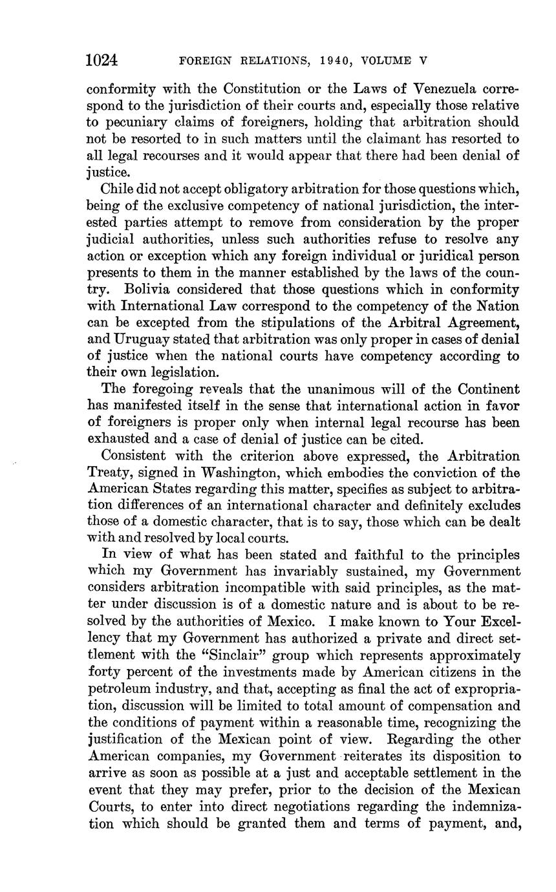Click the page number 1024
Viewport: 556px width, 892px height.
pyautogui.click(x=102, y=61)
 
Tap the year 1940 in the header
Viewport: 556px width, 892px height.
pyautogui.click(x=336, y=61)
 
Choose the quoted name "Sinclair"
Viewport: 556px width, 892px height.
pyautogui.click(x=215, y=655)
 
